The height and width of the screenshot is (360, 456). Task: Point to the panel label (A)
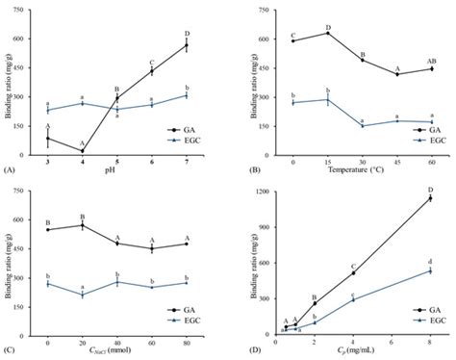[x=9, y=169]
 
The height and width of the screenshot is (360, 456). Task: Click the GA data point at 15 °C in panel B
[x=328, y=34]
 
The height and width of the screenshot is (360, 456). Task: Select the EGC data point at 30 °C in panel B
[x=362, y=126]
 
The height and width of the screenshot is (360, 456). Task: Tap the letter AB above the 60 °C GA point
[x=431, y=58]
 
